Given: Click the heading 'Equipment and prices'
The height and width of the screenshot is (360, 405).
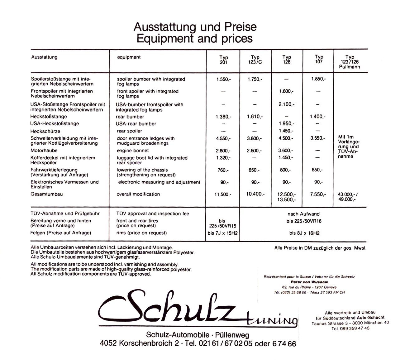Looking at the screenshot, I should pos(194,39).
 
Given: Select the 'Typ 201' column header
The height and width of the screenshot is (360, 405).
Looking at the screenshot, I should pos(223,60).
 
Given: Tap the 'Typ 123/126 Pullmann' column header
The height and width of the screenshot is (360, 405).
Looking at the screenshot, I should pos(350,62).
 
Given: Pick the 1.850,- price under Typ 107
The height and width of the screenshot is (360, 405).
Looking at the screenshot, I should pos(318,79).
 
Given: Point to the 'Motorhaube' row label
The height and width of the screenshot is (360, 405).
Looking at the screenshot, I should pos(44,151).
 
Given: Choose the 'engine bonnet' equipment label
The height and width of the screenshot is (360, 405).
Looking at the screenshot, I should pos(133,151).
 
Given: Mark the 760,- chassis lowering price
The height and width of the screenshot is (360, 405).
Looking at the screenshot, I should pos(223,170).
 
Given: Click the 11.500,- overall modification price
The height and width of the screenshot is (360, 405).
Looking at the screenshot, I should pos(223,194).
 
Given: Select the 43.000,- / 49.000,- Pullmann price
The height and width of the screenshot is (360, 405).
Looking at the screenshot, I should pos(348,197).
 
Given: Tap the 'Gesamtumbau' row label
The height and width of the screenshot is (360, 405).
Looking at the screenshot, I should pos(47,194).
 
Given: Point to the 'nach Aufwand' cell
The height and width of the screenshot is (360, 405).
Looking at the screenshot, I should pos(303,214).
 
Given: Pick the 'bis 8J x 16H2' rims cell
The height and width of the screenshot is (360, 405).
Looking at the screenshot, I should pos(304,233).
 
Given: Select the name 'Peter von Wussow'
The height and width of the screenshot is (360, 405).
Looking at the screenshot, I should pos(309,282).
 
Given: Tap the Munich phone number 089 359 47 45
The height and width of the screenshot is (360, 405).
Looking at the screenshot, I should pos(350,328).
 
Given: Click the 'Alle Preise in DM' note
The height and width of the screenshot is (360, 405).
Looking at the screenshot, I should pos(320,248).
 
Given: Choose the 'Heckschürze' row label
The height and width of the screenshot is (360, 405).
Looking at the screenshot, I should pos(45,132).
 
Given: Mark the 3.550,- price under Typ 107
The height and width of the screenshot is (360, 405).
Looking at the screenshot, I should pos(317,138).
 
